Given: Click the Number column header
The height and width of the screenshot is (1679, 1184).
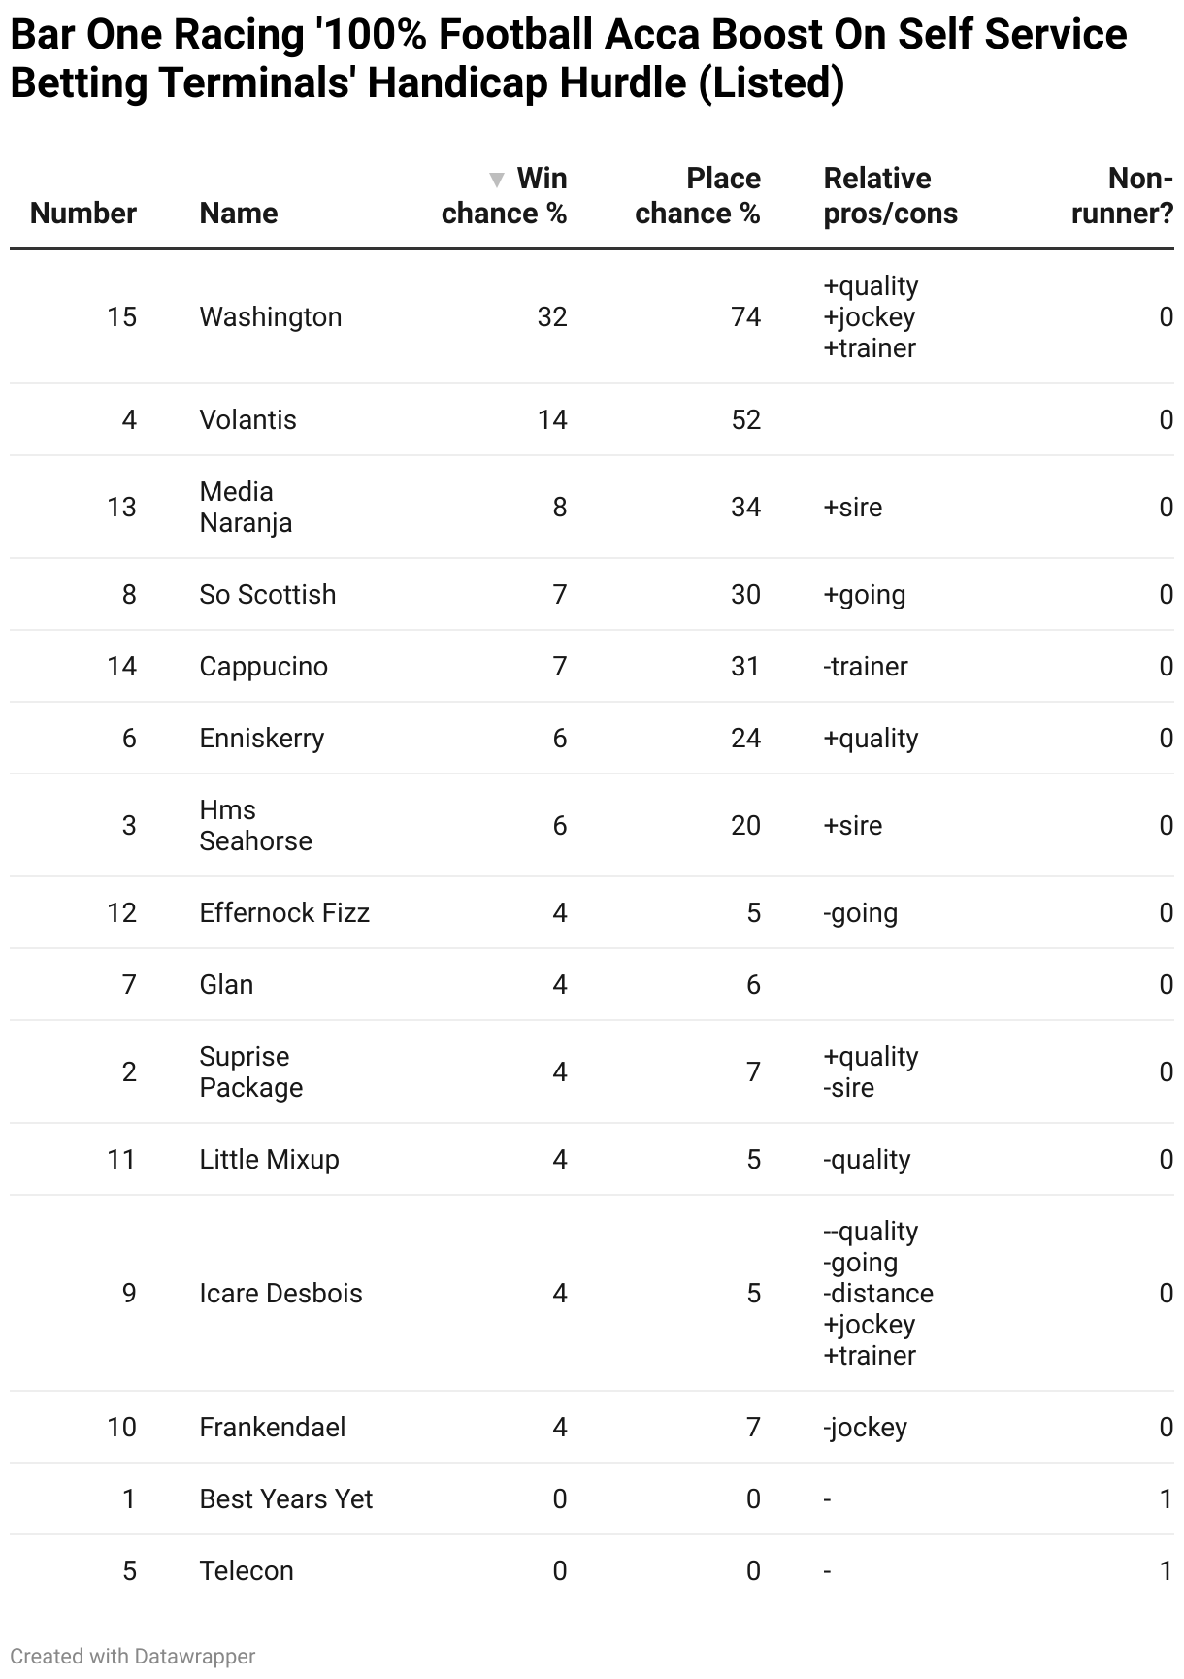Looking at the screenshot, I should (x=83, y=214).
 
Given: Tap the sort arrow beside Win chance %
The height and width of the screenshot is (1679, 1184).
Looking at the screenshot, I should (x=497, y=180).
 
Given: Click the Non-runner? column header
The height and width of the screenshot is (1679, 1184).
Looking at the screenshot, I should (x=1122, y=196).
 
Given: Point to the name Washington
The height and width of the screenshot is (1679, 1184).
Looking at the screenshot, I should (x=271, y=317).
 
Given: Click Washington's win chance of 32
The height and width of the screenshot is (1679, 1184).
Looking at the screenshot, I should (x=552, y=317).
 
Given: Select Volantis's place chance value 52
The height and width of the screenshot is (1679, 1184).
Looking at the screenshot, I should (x=745, y=420).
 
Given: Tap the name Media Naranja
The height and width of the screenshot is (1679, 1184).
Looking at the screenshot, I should (x=246, y=508).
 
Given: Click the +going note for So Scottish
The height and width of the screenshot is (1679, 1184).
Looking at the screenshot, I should (x=865, y=595).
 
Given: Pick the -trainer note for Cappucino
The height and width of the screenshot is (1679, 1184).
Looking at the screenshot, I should (x=866, y=667).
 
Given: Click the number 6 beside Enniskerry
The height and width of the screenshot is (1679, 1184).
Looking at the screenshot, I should (x=129, y=739).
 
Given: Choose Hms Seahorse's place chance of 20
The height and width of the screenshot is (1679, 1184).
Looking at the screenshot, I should (x=745, y=826).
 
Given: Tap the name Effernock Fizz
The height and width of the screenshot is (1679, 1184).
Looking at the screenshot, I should (x=284, y=913).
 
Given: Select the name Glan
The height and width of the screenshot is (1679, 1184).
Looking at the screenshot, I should (x=226, y=985).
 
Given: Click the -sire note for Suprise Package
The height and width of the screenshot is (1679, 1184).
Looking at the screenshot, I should (x=849, y=1088).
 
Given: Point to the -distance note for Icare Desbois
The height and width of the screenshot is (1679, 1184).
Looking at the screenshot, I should (x=878, y=1294).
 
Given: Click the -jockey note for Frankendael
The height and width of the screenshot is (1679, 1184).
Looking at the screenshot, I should (x=866, y=1428).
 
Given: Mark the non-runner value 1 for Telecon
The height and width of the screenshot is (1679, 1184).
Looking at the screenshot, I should (x=1166, y=1571).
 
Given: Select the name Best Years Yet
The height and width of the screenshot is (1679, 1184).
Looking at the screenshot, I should (x=286, y=1499).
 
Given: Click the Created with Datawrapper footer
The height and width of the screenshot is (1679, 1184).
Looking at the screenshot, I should (x=133, y=1657).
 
